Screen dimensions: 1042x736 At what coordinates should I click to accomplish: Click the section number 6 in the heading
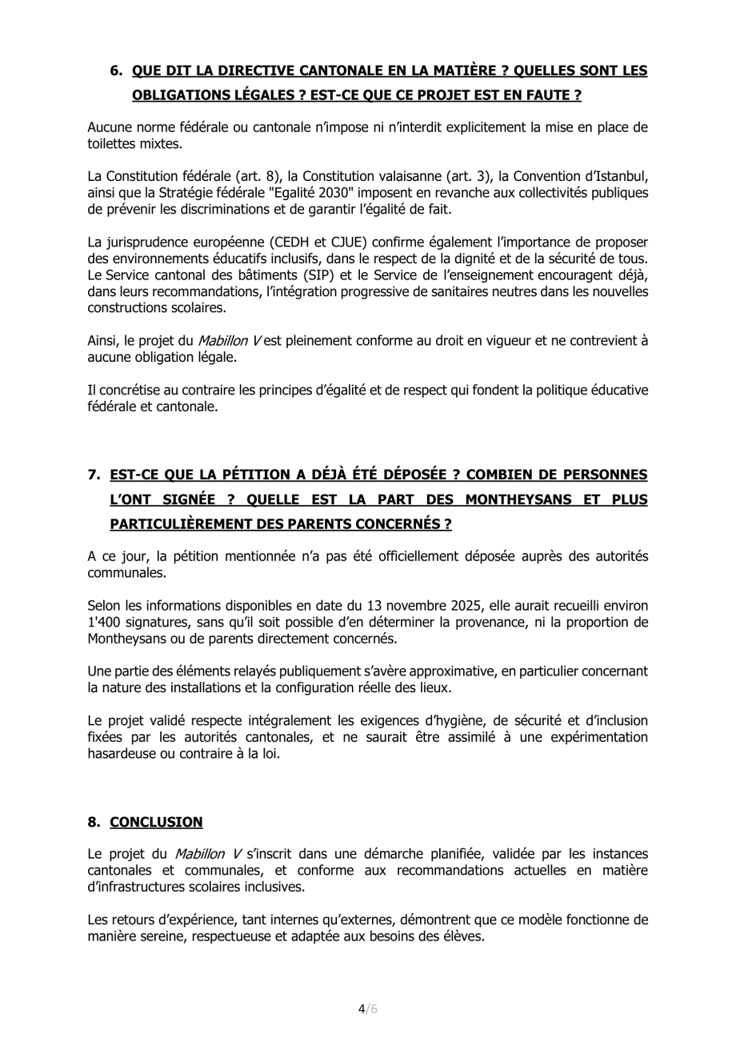tap(115, 70)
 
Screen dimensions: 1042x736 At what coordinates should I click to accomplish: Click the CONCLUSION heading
tap(156, 822)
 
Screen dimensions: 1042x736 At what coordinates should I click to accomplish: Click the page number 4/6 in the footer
tap(367, 1008)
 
